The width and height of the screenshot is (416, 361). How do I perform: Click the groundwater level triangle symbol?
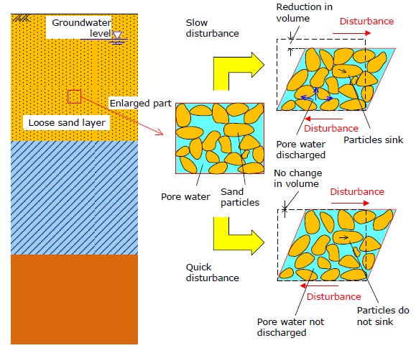click(x=117, y=35)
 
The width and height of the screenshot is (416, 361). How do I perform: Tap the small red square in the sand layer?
click(x=74, y=96)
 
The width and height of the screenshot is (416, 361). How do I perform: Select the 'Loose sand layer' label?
click(x=67, y=123)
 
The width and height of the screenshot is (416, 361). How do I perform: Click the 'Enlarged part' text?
click(x=141, y=103)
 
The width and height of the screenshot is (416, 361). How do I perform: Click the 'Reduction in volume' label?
click(x=305, y=12)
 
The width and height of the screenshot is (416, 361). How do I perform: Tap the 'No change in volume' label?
click(x=298, y=178)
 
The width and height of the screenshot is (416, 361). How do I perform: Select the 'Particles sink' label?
click(x=374, y=140)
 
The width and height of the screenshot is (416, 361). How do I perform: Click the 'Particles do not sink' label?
click(x=383, y=316)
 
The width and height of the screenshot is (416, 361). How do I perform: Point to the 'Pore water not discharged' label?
click(x=290, y=327)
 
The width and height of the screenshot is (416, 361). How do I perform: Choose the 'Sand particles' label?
click(x=240, y=197)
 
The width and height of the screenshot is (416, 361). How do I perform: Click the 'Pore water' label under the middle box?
click(x=185, y=197)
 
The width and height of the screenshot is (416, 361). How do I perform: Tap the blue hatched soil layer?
click(x=74, y=198)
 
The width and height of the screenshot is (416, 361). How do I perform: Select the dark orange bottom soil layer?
click(x=74, y=299)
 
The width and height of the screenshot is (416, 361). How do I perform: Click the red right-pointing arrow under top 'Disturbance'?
click(x=351, y=33)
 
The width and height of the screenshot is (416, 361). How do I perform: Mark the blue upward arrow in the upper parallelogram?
click(x=315, y=93)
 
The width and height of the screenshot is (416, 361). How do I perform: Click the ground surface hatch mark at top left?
click(x=22, y=18)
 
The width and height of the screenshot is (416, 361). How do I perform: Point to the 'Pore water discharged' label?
click(x=301, y=150)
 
